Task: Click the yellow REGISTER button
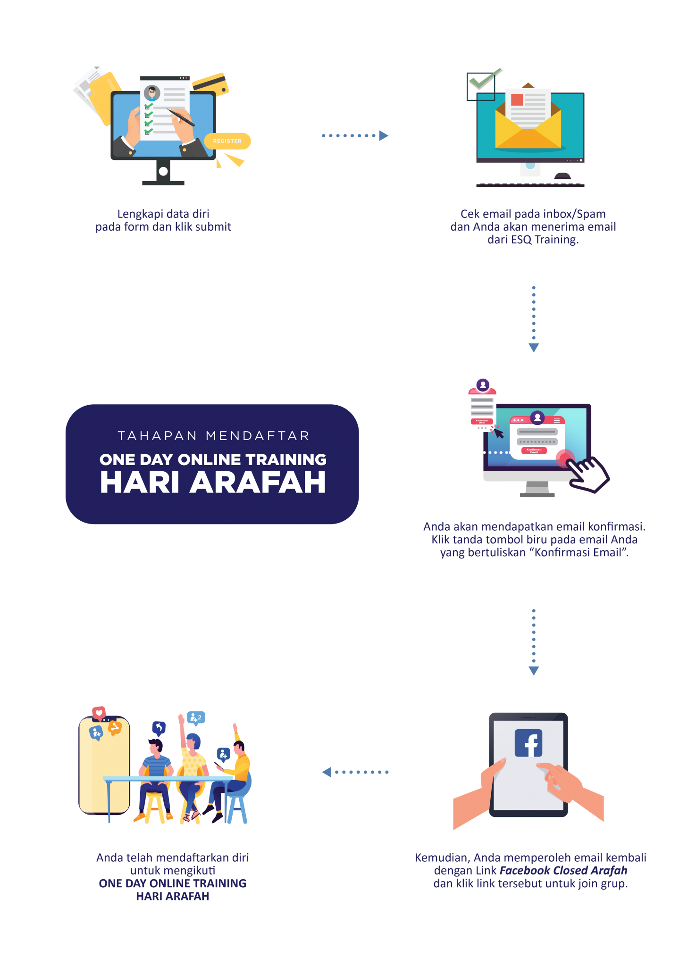pos(227,141)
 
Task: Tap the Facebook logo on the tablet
pos(528,743)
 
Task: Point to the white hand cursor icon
pos(587,474)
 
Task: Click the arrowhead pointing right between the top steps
pos(384,136)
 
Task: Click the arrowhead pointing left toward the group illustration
pos(327,772)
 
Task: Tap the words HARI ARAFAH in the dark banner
pos(213,483)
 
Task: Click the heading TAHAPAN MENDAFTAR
pos(213,436)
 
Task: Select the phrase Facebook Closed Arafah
pos(563,870)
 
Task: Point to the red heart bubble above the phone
pos(99,713)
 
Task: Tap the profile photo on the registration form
pos(152,92)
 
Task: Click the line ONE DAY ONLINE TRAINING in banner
pos(213,459)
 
